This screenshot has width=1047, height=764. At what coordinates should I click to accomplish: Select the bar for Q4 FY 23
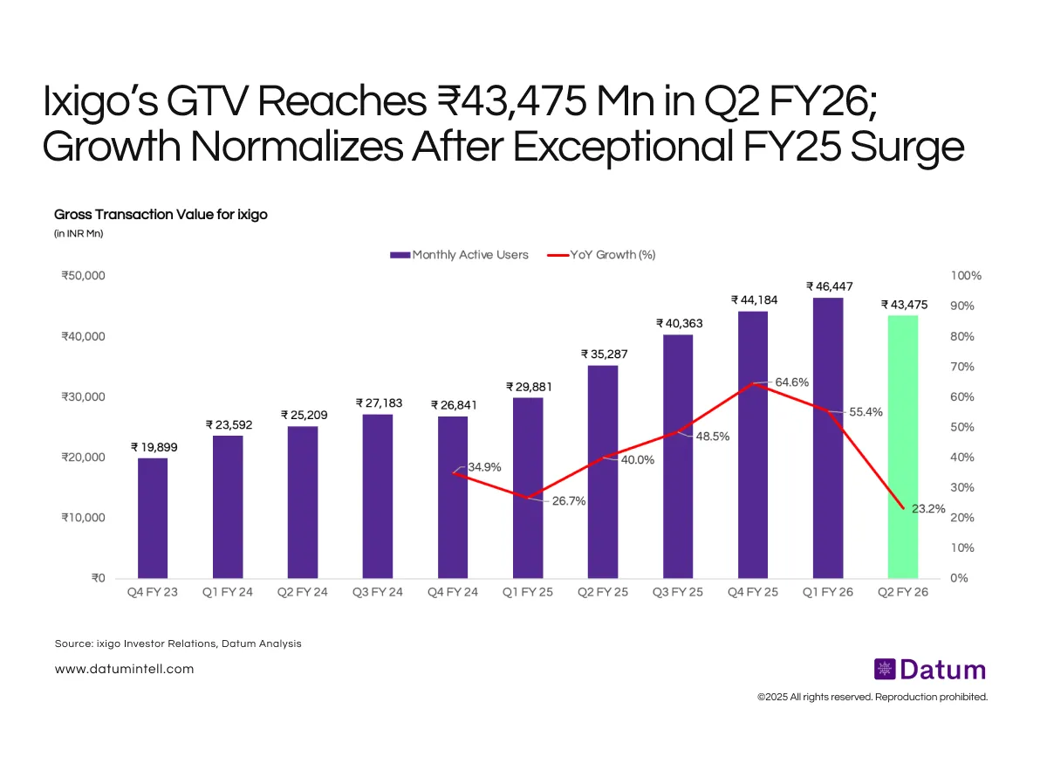click(x=153, y=518)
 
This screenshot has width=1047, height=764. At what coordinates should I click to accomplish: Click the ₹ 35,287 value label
click(x=604, y=354)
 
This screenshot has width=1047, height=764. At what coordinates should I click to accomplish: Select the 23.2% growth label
click(x=928, y=508)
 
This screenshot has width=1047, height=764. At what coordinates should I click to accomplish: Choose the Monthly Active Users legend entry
click(x=460, y=255)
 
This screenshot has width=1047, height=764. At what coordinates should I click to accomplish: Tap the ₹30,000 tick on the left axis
click(x=84, y=397)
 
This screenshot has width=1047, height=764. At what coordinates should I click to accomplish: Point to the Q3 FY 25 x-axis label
click(x=678, y=592)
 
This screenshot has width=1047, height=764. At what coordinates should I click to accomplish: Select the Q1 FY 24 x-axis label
click(x=228, y=592)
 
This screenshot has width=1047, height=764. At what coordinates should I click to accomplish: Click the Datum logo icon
click(x=886, y=670)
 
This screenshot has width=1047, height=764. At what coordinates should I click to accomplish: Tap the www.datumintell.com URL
click(x=124, y=669)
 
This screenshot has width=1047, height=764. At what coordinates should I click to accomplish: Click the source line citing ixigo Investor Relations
click(x=178, y=644)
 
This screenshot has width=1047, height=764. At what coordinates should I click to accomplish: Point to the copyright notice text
click(x=872, y=697)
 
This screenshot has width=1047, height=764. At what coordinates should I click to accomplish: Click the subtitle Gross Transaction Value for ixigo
click(x=161, y=215)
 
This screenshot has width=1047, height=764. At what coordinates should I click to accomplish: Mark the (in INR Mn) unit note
click(x=79, y=233)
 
